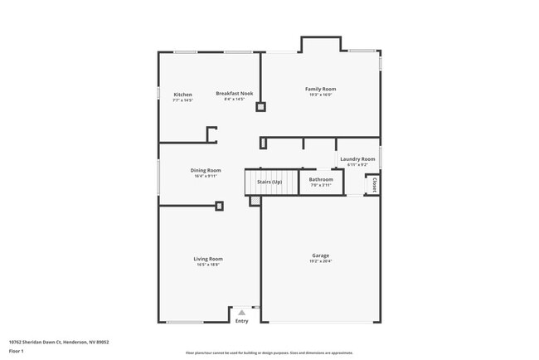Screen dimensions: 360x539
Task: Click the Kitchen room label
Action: [183, 95]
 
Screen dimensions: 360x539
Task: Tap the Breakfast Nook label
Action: [235, 94]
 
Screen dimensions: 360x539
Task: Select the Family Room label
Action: [320, 89]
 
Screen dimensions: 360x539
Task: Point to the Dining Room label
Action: [206, 170]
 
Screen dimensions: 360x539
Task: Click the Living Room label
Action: [208, 259]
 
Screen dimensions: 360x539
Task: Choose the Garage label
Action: [321, 255]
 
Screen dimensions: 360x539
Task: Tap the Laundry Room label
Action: [357, 158]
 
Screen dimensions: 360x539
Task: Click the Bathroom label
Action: [321, 179]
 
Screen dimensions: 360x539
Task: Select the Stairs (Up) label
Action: [269, 182]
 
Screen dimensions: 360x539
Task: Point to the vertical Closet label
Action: [374, 183]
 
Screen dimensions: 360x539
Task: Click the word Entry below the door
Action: [241, 321]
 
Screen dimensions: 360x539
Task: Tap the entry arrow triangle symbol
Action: [241, 313]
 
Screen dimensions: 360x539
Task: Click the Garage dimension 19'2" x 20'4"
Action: [321, 261]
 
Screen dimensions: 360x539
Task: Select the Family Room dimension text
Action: [320, 95]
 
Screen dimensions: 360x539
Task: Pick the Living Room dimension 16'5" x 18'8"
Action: [208, 265]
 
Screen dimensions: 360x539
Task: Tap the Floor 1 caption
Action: [17, 351]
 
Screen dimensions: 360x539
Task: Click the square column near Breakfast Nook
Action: [260, 106]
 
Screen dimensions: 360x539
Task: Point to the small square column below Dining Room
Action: [219, 206]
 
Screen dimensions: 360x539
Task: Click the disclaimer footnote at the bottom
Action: [269, 353]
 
